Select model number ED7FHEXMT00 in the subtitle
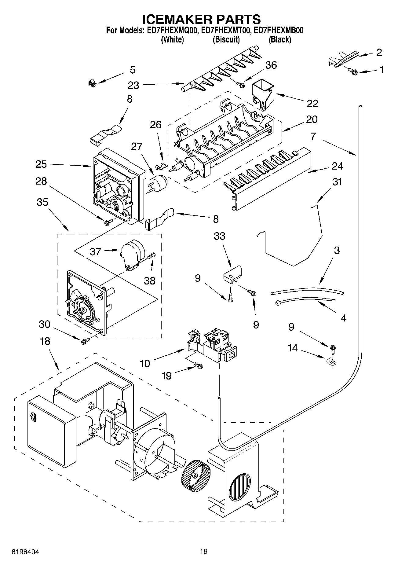pos(226,31)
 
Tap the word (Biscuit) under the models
pos(226,39)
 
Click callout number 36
pos(271,65)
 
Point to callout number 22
pos(312,104)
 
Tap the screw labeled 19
pos(199,365)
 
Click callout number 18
pos(45,341)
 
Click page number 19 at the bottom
pos(203,552)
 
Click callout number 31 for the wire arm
pos(337,182)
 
